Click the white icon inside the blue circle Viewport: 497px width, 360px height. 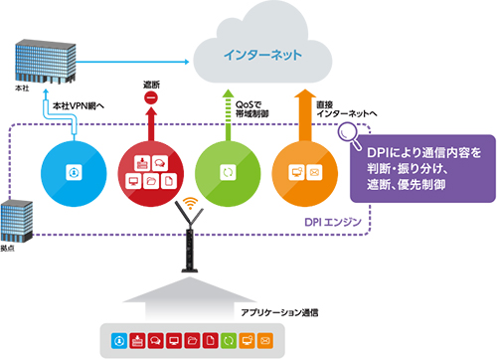73,171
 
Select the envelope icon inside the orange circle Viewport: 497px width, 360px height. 312,171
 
